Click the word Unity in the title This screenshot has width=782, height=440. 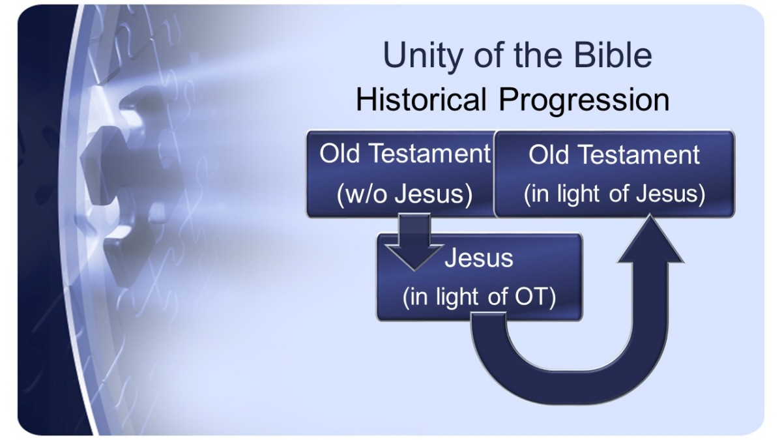423,56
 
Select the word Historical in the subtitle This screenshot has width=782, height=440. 421,99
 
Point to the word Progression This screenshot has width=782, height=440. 584,101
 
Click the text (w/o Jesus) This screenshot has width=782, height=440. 405,194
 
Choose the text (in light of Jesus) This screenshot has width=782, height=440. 614,194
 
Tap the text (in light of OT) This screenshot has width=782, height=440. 479,297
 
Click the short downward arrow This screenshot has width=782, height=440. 414,242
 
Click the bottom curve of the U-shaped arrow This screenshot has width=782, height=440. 569,387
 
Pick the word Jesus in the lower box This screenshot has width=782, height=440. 478,258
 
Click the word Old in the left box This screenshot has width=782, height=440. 340,153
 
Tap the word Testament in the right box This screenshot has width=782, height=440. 639,154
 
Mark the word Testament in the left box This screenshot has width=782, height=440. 429,153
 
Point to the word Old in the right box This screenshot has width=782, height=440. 549,154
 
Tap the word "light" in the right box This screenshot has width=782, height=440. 578,194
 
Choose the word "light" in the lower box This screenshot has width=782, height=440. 457,297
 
